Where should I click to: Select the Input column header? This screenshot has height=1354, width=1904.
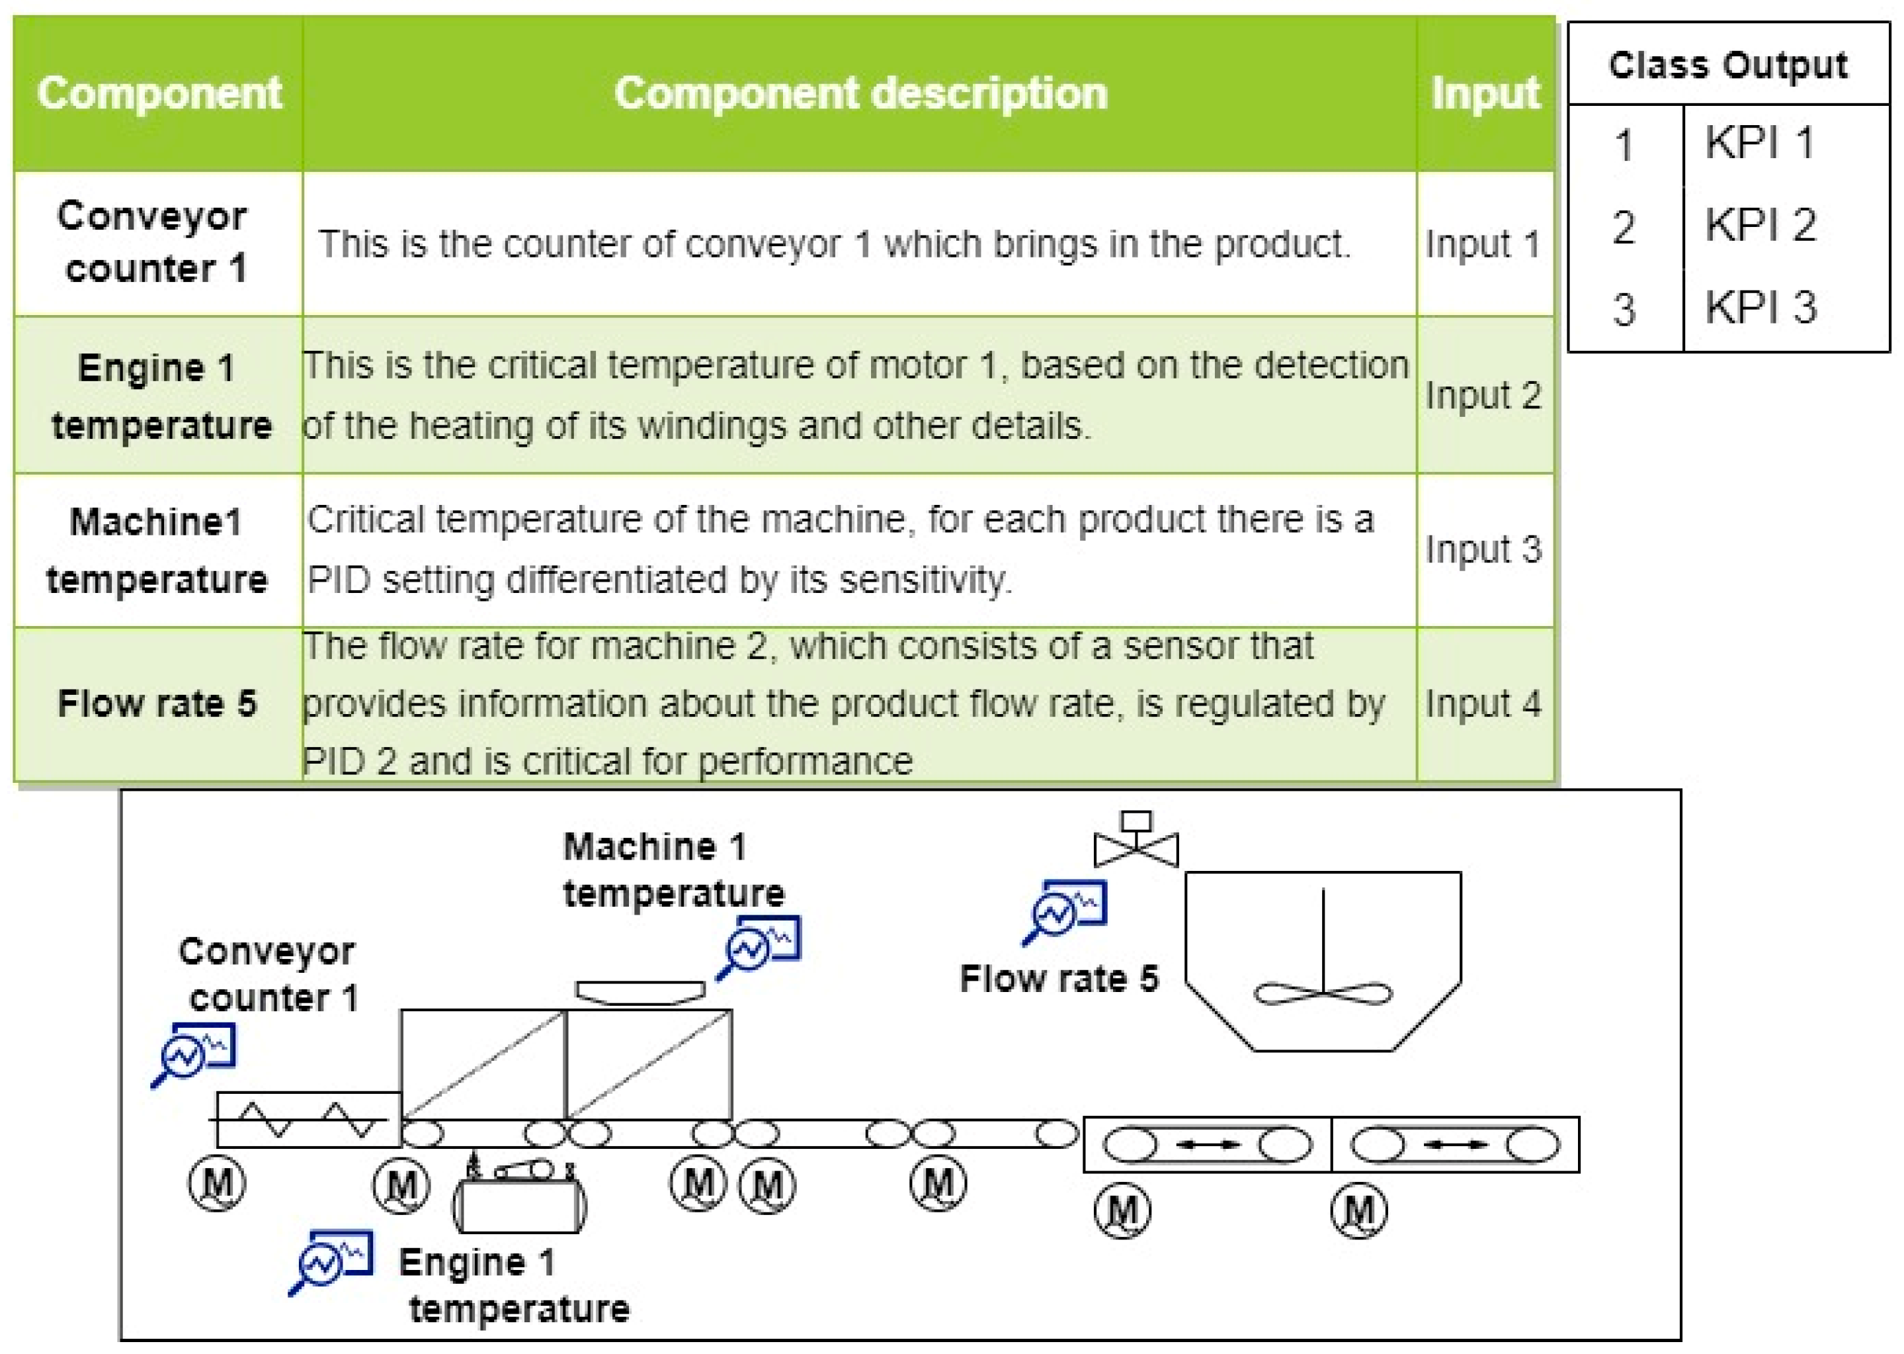[x=1484, y=93]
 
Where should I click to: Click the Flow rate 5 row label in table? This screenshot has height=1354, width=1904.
[x=157, y=703]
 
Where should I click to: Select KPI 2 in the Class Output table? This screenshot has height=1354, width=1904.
[x=1759, y=225]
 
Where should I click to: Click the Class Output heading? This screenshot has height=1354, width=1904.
[x=1727, y=65]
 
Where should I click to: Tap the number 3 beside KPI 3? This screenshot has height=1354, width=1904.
[x=1623, y=309]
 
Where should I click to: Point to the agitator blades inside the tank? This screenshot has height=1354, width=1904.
[x=1323, y=994]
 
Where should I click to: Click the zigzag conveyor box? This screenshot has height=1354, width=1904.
[x=308, y=1120]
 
